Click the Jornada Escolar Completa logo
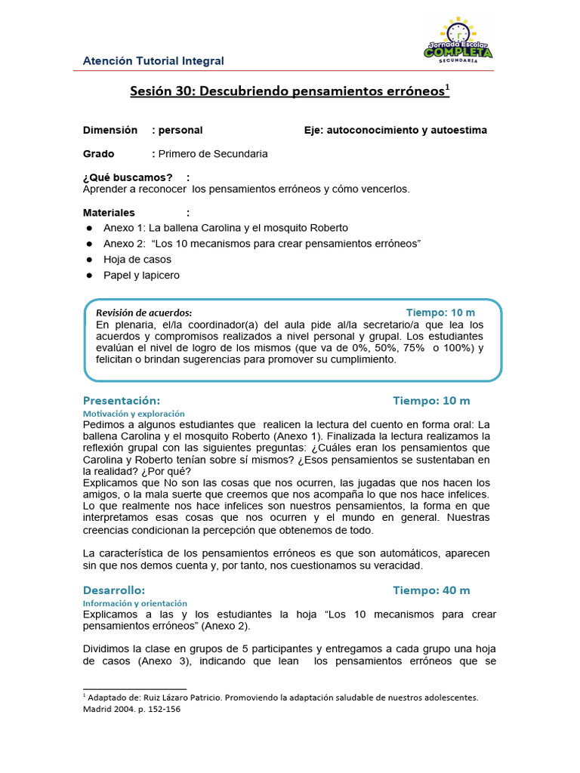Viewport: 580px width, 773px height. pos(458,41)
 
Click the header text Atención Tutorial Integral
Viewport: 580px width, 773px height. pos(153,60)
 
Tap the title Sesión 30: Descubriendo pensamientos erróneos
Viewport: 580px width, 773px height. pos(289,91)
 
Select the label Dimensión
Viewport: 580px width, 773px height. pos(110,130)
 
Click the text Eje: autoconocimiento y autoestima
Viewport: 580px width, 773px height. pos(395,130)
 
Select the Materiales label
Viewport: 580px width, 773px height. pos(109,213)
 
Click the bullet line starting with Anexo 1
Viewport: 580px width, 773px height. pos(226,227)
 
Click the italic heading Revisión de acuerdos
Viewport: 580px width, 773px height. pos(143,313)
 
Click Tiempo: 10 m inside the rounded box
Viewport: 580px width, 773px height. pos(440,313)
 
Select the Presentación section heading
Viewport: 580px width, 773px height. pos(121,400)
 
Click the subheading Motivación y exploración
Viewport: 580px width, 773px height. pos(133,414)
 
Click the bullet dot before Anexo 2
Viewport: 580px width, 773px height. pos(88,244)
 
